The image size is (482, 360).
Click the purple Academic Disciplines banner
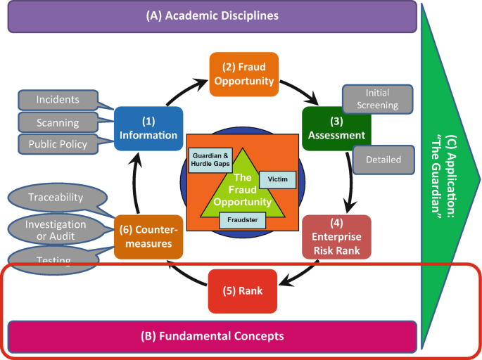pyautogui.click(x=212, y=16)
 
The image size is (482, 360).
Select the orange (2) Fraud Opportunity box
pyautogui.click(x=244, y=74)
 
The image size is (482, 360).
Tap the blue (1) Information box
pyautogui.click(x=148, y=129)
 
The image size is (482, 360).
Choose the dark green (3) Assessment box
pyautogui.click(x=336, y=129)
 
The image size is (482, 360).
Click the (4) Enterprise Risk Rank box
pyautogui.click(x=336, y=237)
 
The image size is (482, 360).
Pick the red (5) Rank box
pyautogui.click(x=243, y=291)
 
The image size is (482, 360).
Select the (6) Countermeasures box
pyautogui.click(x=148, y=237)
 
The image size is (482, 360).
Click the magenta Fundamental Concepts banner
pyautogui.click(x=212, y=337)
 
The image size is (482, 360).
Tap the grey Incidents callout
pyautogui.click(x=58, y=100)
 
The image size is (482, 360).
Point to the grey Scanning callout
pyautogui.click(x=58, y=122)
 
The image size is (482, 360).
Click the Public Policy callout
pyautogui.click(x=58, y=144)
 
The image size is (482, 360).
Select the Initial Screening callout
pyautogui.click(x=377, y=99)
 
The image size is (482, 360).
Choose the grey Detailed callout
pyautogui.click(x=383, y=160)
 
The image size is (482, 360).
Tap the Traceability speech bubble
pyautogui.click(x=58, y=198)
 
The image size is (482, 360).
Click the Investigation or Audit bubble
pyautogui.click(x=56, y=230)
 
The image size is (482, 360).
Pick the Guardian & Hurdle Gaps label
pyautogui.click(x=210, y=160)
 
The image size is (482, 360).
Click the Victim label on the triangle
pyautogui.click(x=277, y=179)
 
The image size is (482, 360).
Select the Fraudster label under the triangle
pyautogui.click(x=243, y=220)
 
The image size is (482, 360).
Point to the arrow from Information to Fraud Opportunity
pyautogui.click(x=184, y=90)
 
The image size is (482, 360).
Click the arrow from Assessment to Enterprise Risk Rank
pyautogui.click(x=350, y=181)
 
